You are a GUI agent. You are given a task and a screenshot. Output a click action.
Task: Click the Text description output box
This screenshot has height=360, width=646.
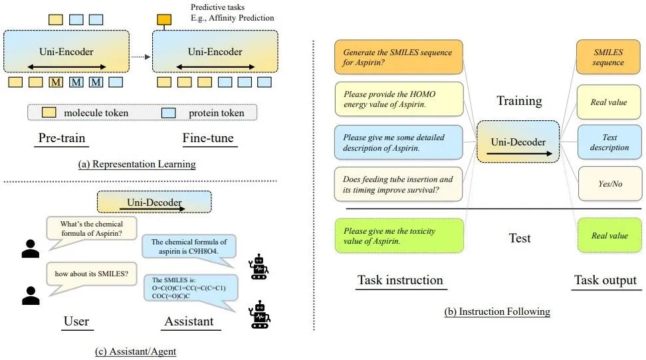609,142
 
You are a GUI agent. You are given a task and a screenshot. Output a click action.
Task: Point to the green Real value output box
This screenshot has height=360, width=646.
609,236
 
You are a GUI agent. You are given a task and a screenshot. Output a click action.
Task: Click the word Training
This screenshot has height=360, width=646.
519,101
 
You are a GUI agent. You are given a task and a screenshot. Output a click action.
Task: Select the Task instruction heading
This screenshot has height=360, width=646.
400,280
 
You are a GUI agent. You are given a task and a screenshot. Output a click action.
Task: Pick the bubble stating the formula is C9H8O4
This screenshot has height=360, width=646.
189,246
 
